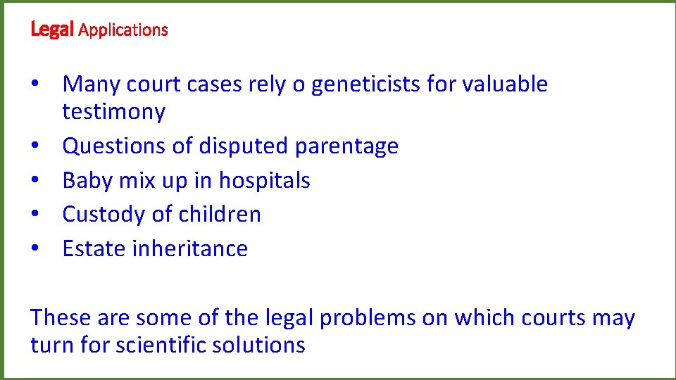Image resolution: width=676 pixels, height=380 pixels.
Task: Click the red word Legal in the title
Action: (53, 30)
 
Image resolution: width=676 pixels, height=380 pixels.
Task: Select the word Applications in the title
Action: (123, 30)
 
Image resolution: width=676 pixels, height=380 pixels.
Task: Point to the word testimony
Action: (114, 112)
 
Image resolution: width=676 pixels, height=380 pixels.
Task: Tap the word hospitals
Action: (264, 181)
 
